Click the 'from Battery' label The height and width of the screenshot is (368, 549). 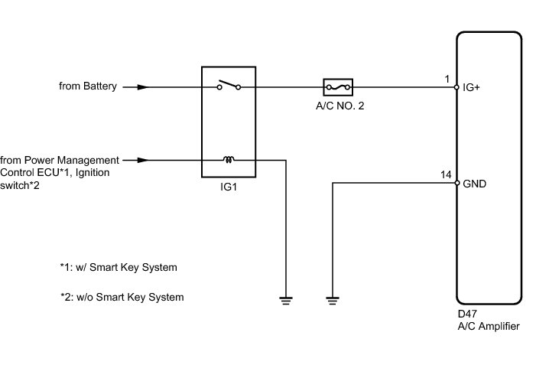tap(87, 86)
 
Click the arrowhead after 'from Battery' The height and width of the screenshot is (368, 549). tap(143, 87)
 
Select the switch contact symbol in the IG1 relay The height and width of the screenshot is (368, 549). tap(229, 85)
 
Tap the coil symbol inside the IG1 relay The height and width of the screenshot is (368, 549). tap(229, 159)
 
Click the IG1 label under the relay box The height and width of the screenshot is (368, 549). tap(229, 187)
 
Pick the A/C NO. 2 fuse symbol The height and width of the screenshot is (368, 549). tap(338, 87)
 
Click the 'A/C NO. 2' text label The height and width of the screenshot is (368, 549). tap(340, 106)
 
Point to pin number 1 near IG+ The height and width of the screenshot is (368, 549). tap(447, 79)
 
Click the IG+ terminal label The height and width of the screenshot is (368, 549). tap(471, 87)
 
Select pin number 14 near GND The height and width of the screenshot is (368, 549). tap(446, 174)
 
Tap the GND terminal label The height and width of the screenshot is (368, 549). tap(474, 184)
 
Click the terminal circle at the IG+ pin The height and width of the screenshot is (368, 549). tap(456, 87)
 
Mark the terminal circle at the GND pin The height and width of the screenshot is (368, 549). tap(457, 183)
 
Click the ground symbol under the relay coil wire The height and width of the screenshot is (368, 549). tap(286, 301)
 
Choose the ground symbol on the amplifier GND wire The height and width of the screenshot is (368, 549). tap(333, 301)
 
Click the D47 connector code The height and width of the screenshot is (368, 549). tap(467, 314)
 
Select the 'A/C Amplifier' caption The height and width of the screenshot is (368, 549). tap(489, 326)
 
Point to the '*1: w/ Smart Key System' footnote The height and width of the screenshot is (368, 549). tap(119, 268)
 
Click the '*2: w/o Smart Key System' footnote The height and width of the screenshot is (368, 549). tap(122, 297)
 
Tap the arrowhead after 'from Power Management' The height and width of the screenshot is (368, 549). tap(143, 160)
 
